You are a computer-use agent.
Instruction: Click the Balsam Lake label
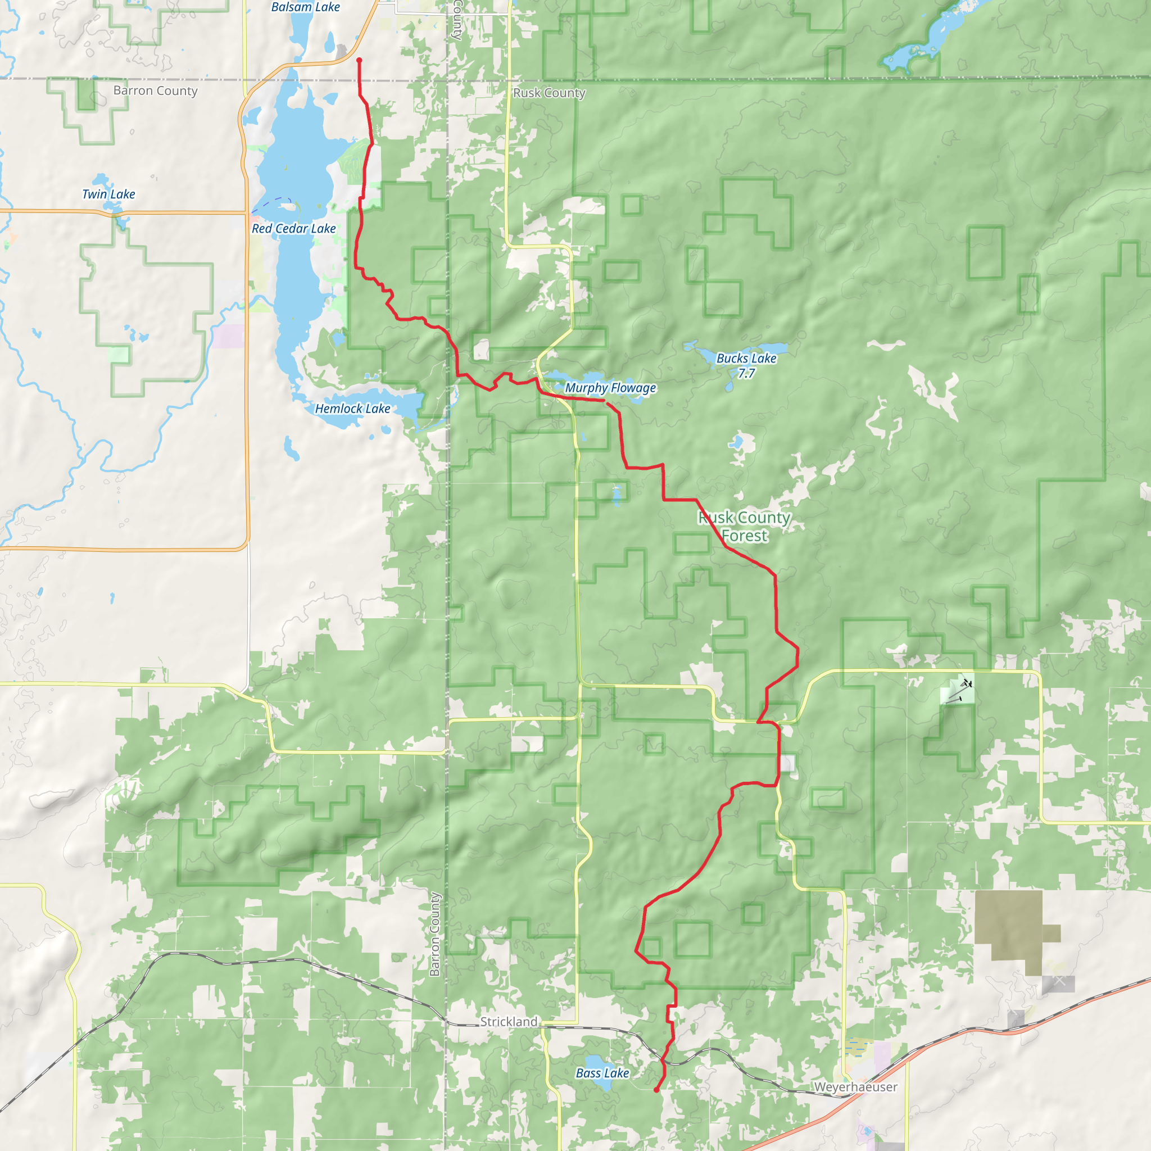(x=305, y=7)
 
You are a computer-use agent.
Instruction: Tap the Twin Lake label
(x=108, y=194)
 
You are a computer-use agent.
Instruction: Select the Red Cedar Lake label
(x=294, y=229)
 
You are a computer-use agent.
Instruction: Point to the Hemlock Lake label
(x=353, y=409)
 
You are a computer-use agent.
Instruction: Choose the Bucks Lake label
(x=746, y=358)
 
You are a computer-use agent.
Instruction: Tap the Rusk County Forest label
(x=744, y=527)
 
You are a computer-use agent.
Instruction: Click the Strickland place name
(x=509, y=1022)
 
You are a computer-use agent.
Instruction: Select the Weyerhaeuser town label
(x=855, y=1087)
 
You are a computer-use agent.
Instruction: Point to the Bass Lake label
(x=602, y=1073)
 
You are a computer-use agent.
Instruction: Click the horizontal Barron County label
(x=156, y=90)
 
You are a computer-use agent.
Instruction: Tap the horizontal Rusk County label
(x=549, y=93)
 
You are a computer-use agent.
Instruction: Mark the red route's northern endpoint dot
(x=359, y=60)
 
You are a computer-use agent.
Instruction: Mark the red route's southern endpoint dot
(x=656, y=1090)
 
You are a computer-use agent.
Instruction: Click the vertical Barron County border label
(x=435, y=934)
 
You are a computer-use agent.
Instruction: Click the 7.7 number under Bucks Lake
(x=746, y=374)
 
